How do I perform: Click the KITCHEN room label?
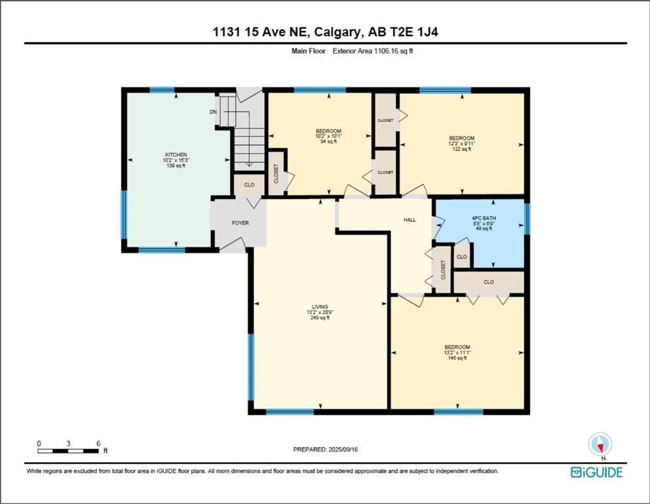[x=175, y=155]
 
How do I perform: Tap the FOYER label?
[x=240, y=223]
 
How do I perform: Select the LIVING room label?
[x=319, y=306]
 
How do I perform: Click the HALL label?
[x=410, y=220]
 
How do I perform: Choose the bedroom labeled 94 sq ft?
[x=328, y=131]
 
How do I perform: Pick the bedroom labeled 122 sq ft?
[x=462, y=138]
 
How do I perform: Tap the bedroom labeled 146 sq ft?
[x=457, y=347]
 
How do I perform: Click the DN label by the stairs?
[x=213, y=112]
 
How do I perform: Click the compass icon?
[x=600, y=445]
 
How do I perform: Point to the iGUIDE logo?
[x=596, y=472]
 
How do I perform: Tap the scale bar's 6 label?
[x=98, y=444]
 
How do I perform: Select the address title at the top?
[x=325, y=31]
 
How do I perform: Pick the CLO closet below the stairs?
[x=249, y=185]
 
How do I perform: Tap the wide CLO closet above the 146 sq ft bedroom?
[x=489, y=282]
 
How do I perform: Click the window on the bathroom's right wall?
[x=527, y=218]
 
